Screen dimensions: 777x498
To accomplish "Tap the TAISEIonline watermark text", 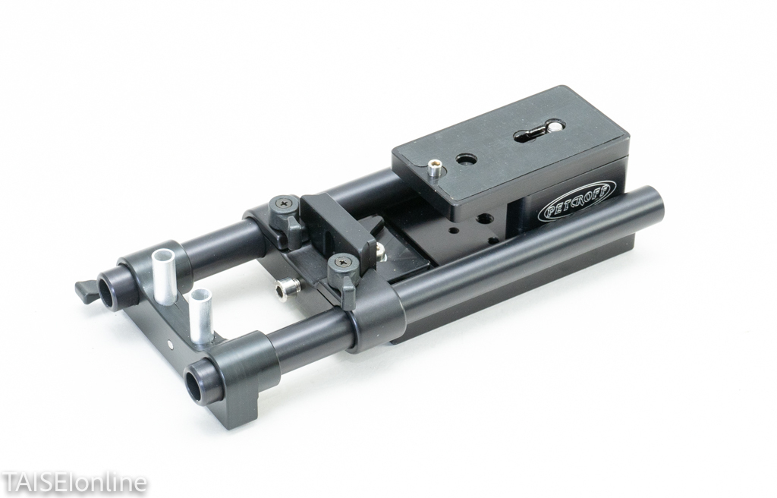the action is point(74,481).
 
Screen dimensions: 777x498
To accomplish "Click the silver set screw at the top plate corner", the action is point(435,167).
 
